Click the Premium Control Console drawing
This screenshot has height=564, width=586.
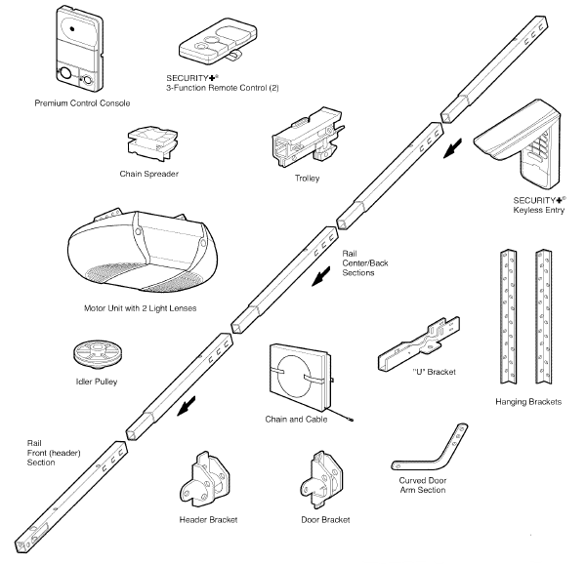(x=80, y=49)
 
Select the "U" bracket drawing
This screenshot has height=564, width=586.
(x=421, y=343)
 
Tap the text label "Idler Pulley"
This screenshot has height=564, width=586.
(x=96, y=382)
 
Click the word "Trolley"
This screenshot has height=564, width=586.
(x=306, y=179)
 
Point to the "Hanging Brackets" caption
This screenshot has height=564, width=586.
(x=528, y=402)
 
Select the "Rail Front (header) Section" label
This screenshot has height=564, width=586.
(x=45, y=452)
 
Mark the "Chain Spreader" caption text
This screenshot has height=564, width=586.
(x=146, y=175)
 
